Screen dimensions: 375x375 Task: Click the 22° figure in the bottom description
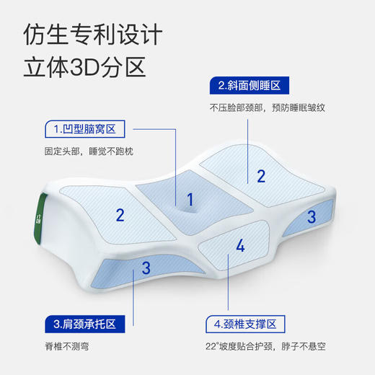[x=217, y=345]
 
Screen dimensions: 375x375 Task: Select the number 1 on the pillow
[x=190, y=199]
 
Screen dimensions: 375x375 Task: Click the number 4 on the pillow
[x=240, y=246]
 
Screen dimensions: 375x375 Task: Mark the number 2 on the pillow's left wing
[x=120, y=214]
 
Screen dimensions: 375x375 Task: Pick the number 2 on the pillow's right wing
[x=261, y=175]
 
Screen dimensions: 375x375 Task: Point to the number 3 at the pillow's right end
[x=312, y=216]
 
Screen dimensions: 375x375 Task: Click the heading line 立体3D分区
[x=85, y=67]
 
